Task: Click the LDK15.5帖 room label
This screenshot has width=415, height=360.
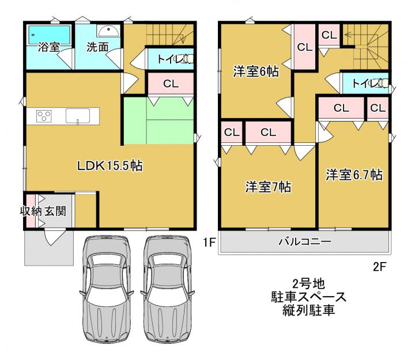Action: (110, 166)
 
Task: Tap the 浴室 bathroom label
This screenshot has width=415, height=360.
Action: (49, 47)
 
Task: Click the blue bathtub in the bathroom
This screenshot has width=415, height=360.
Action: (49, 35)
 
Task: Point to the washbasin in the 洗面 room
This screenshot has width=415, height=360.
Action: (108, 31)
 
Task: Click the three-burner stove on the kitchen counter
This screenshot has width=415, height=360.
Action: (44, 116)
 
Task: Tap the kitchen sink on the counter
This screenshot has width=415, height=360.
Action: (78, 116)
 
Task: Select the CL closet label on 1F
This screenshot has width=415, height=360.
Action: (171, 84)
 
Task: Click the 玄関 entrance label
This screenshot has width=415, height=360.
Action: (55, 211)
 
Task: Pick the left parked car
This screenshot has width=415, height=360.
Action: (107, 289)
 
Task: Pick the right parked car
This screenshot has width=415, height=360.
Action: (167, 289)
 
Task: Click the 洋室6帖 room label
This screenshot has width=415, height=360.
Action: (256, 71)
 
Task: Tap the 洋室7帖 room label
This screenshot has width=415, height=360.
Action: (268, 187)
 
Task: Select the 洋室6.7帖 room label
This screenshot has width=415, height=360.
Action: (354, 175)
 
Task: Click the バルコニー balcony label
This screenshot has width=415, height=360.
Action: (305, 241)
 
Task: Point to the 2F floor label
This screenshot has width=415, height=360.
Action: (379, 267)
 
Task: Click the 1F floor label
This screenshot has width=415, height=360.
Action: (209, 242)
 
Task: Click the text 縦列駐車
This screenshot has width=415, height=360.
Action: (308, 310)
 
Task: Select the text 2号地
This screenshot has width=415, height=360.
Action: (308, 284)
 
